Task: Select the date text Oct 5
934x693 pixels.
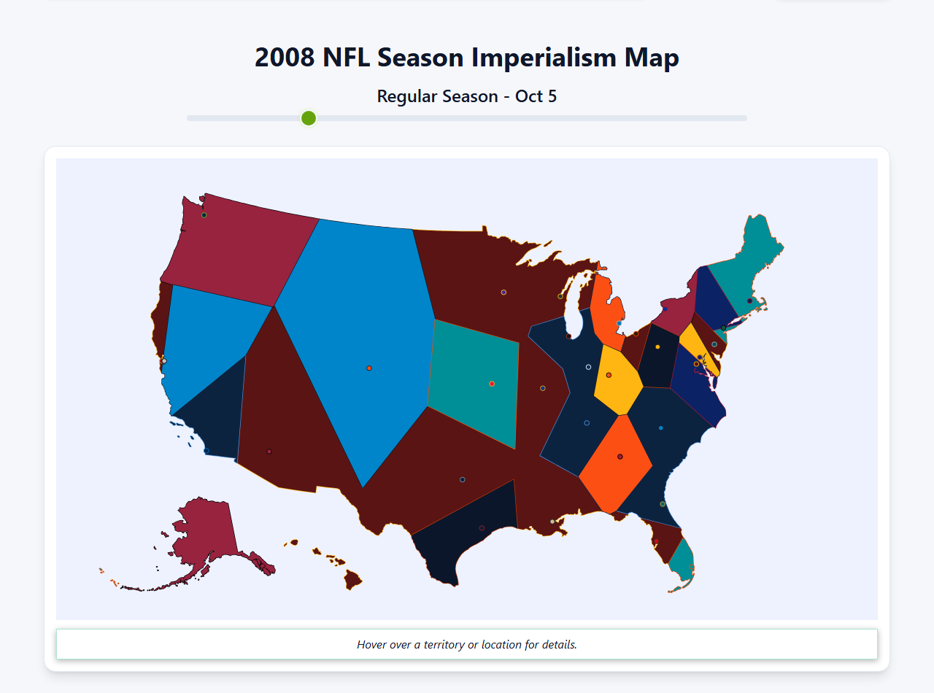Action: point(536,96)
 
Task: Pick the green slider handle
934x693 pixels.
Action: point(309,118)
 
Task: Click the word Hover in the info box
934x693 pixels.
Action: point(372,645)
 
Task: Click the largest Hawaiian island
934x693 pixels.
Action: point(353,581)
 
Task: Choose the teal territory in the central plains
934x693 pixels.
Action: point(474,379)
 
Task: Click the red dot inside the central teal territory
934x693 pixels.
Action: point(492,384)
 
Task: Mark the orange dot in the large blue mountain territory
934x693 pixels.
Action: point(369,368)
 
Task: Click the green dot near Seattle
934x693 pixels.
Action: point(204,215)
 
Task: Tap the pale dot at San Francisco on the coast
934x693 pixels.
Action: point(164,361)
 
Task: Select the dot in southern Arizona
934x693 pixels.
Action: point(269,452)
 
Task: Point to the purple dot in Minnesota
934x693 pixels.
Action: point(503,293)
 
